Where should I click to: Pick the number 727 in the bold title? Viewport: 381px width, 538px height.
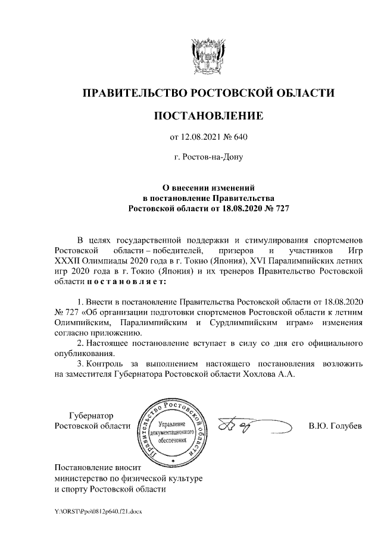279,208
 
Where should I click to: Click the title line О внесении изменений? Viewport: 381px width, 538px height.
208,187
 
